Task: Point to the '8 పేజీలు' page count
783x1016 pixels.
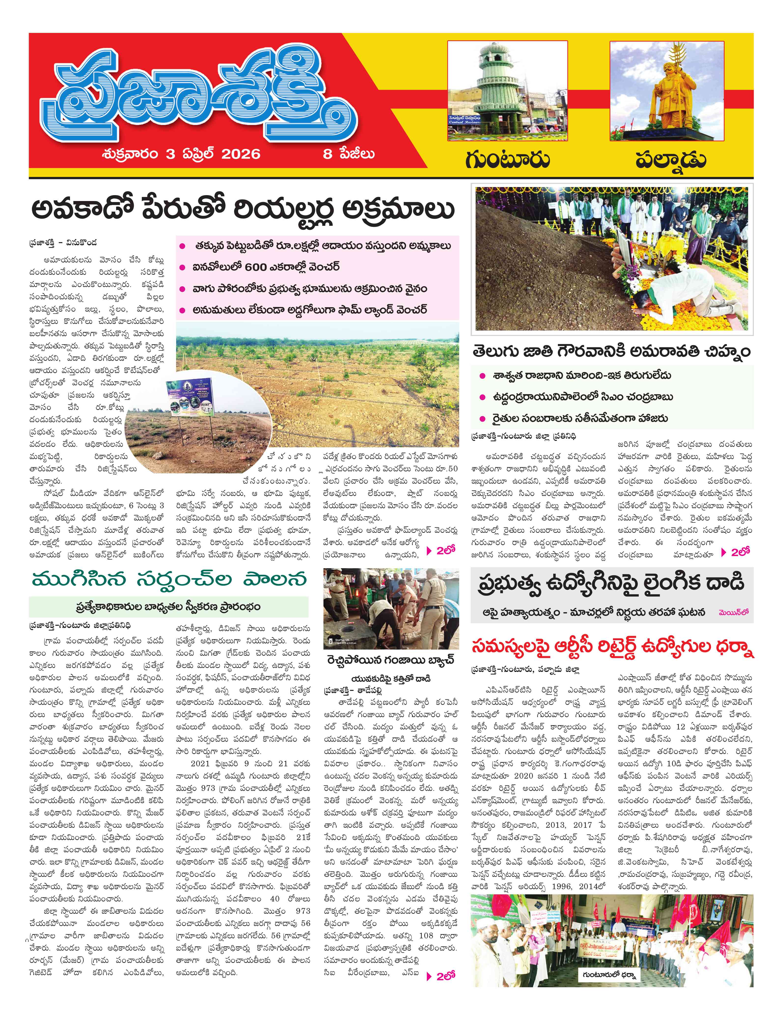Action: coord(348,154)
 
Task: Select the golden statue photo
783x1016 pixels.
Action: coord(667,91)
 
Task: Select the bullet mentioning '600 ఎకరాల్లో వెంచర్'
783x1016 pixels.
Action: coord(266,267)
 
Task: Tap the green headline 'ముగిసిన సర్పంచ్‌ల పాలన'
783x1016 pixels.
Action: coord(169,580)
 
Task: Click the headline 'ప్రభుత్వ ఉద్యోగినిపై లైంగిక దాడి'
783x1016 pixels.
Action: coord(611,584)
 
